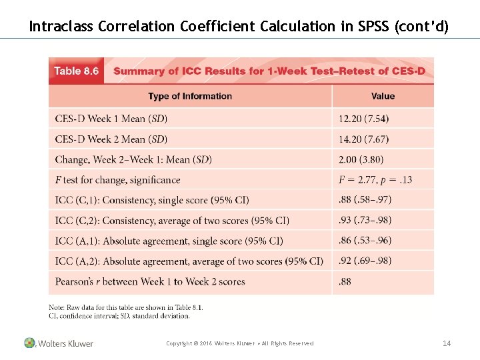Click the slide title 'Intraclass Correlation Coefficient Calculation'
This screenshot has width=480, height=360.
click(239, 27)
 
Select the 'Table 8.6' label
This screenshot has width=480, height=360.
click(76, 71)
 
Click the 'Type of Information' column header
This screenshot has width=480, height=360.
click(190, 96)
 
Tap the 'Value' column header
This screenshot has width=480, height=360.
click(383, 96)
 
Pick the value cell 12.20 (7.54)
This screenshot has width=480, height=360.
click(364, 119)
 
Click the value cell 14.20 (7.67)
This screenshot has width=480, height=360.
click(364, 139)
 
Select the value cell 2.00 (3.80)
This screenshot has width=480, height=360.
click(361, 159)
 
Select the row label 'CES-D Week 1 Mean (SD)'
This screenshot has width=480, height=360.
click(111, 119)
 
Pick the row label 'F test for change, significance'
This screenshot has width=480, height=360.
click(118, 180)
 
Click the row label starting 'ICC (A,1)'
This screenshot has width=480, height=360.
click(169, 241)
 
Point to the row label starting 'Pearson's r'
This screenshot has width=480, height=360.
click(150, 281)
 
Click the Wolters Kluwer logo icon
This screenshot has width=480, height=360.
click(29, 343)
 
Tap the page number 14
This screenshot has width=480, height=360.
click(447, 343)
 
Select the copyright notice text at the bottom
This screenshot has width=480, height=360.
click(239, 343)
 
